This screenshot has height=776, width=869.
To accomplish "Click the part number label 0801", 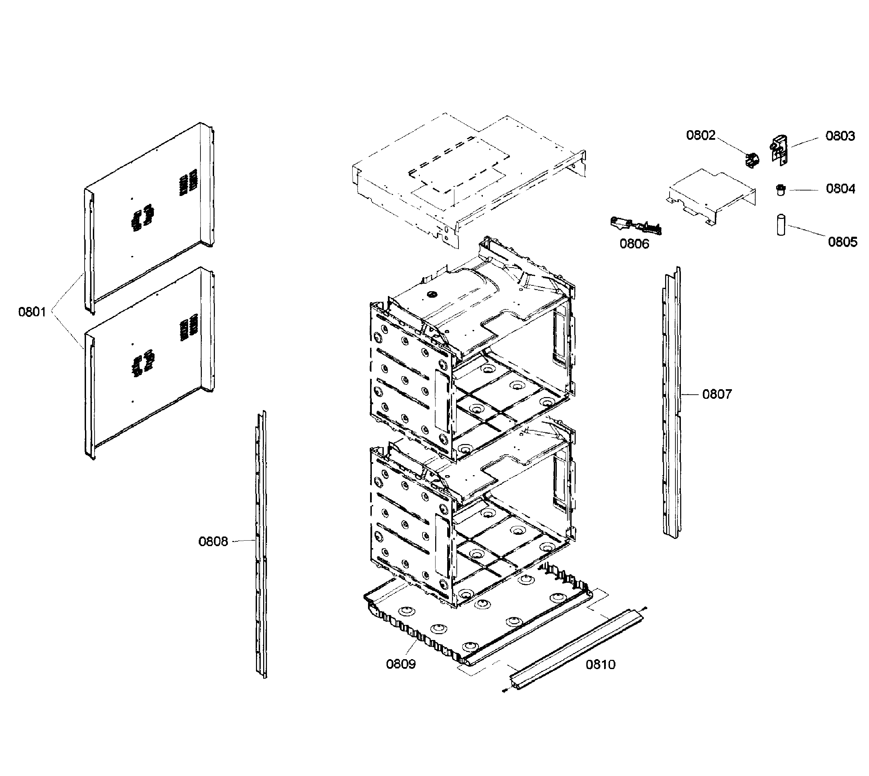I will (32, 312).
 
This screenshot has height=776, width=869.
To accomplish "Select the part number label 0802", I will (700, 135).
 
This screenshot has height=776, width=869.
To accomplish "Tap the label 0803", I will (840, 136).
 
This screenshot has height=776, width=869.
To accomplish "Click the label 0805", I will (842, 242).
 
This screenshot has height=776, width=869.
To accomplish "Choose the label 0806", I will (634, 244).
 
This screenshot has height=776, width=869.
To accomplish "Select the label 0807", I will (717, 394).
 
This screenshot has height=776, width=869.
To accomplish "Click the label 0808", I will (213, 542).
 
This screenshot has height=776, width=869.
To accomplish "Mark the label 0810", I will (600, 664).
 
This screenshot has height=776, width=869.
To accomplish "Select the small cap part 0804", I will (780, 189).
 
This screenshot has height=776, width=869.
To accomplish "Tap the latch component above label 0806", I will (635, 226).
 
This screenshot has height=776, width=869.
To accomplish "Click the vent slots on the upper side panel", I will (188, 183).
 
